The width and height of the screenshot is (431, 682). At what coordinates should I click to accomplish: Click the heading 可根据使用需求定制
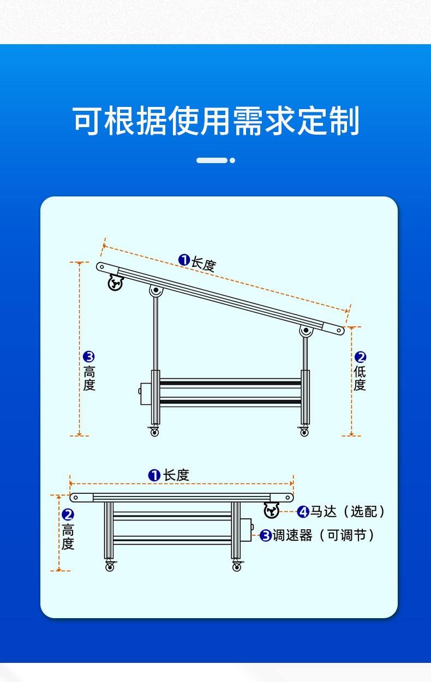coord(216,121)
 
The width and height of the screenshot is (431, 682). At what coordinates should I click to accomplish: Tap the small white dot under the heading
coord(232,160)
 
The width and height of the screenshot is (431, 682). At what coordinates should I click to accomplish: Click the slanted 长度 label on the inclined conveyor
coord(203,264)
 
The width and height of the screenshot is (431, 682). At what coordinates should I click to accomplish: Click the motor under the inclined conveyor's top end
coord(115,283)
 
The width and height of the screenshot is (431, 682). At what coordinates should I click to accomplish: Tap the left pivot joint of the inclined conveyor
coord(155,290)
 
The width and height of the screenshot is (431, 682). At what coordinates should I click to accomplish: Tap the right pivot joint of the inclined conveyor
coord(306,331)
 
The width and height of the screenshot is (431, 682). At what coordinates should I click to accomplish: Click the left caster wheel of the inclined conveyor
coord(154,432)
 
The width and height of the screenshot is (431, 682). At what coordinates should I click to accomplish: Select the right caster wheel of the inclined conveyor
coord(304,432)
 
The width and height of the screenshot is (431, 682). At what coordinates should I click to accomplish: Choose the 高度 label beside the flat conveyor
coord(68,537)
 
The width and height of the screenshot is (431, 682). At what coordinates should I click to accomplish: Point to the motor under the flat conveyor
coord(271,511)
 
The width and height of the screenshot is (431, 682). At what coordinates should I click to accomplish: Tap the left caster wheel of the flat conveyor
coord(110,567)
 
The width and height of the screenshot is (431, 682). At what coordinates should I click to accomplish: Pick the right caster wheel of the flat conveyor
coord(236,567)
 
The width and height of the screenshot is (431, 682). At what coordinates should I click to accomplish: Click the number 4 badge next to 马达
coord(303,512)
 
